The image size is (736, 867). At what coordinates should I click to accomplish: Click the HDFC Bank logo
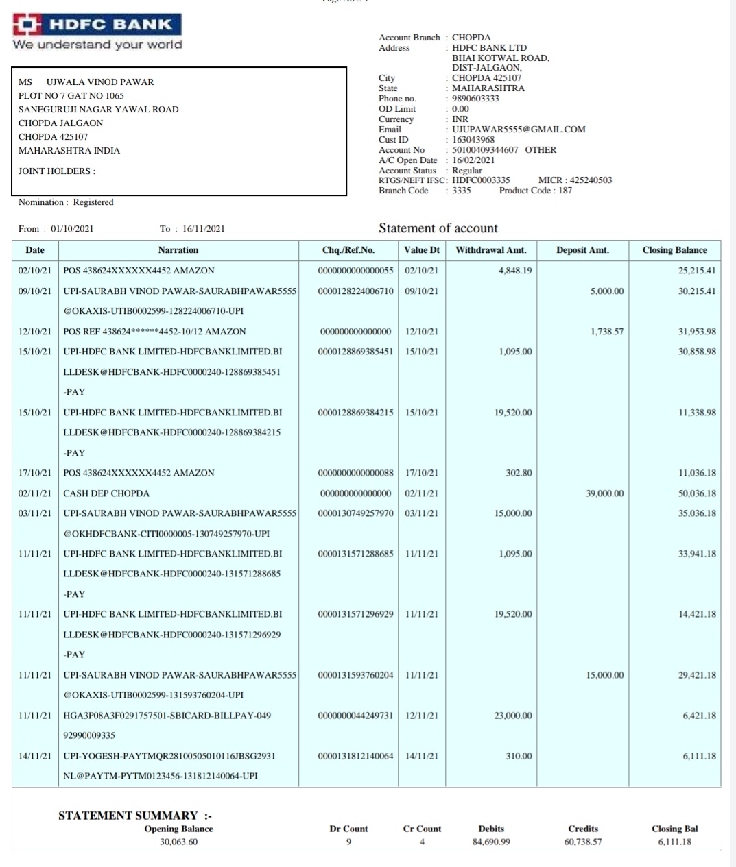[97, 25]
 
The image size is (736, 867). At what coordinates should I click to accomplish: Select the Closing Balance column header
[674, 250]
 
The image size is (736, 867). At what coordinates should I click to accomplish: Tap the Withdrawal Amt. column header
[490, 250]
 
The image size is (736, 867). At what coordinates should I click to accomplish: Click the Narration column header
[178, 250]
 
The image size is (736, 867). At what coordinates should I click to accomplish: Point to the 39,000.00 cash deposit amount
[605, 493]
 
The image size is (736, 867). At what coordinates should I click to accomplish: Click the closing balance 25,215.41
[697, 271]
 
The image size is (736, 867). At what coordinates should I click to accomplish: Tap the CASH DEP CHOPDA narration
[106, 493]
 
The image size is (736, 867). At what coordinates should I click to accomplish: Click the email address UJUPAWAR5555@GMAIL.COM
[519, 129]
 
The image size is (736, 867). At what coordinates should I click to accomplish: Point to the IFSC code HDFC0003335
[481, 180]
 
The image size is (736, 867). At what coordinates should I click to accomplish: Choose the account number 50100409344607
[485, 149]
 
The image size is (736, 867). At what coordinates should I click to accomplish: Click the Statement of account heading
[438, 228]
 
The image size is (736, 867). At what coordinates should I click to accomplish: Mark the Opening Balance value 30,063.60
[178, 842]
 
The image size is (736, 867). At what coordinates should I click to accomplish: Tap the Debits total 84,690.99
[491, 842]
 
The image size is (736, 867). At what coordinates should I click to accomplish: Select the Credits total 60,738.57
[583, 842]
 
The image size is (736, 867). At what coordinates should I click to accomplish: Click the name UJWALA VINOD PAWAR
[100, 82]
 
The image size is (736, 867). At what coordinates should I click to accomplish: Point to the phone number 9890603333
[475, 98]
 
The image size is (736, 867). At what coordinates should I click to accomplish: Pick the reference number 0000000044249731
[355, 716]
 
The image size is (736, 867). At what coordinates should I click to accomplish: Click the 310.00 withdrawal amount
[519, 756]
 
